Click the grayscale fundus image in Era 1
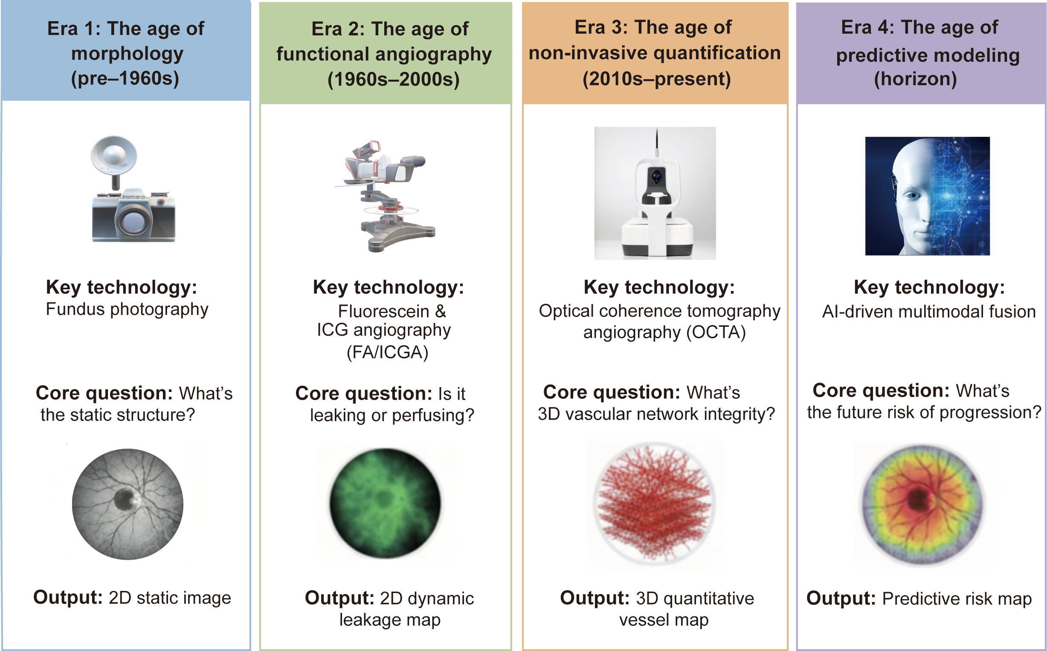pos(128,504)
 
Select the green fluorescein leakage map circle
pos(385,503)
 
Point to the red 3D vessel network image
pos(655,504)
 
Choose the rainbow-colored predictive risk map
pos(922,504)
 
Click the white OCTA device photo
pos(655,193)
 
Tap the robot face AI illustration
pos(927,196)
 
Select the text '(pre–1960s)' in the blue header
pos(125,78)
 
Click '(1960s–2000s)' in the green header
pos(393,79)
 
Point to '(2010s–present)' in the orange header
pos(657,79)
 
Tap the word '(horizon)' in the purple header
pos(916,79)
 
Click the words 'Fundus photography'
pos(127,310)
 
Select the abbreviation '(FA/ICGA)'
pos(387,352)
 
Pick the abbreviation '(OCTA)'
pos(716,332)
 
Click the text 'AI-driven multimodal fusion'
pos(929,311)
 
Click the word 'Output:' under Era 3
pos(595,598)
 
